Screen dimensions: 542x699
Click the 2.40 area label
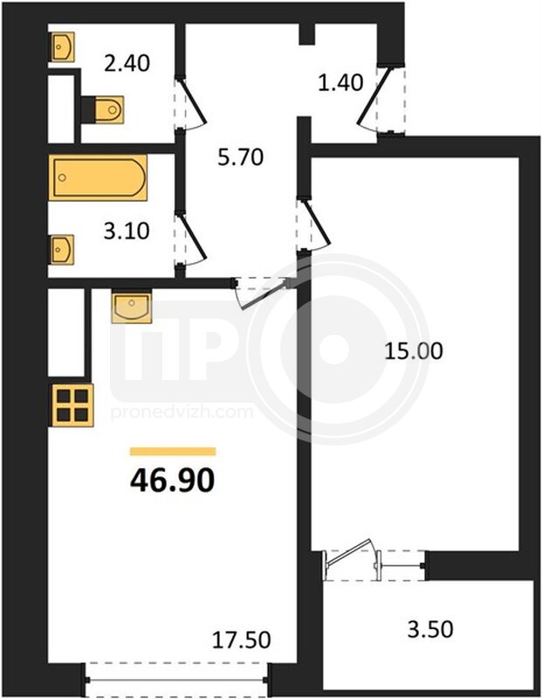coord(127,63)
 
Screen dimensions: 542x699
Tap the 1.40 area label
coord(340,82)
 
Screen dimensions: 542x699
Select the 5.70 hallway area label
coord(241,157)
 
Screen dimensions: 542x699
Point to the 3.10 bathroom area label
coord(127,232)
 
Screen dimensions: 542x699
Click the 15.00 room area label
coord(414,351)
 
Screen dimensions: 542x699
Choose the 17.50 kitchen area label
coord(241,640)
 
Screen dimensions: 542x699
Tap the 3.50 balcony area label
coord(430,629)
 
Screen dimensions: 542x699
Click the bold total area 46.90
coord(173,480)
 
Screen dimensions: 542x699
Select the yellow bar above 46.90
coord(173,452)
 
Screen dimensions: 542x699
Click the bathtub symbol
coord(98,177)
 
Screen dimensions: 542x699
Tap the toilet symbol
coord(103,109)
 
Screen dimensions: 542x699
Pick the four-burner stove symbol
coord(72,405)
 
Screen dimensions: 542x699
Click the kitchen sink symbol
coord(132,307)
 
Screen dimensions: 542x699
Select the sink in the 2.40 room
coord(61,46)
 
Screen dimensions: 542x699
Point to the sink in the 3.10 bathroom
coord(61,249)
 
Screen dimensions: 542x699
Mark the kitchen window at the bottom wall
coord(177,680)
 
